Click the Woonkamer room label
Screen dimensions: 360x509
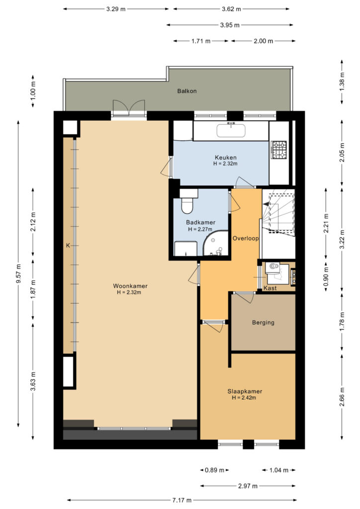click(x=130, y=286)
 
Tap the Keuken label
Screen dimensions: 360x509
click(x=226, y=158)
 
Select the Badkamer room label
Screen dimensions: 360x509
click(x=200, y=222)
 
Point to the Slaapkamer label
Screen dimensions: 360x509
click(x=245, y=392)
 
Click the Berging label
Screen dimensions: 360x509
click(x=263, y=322)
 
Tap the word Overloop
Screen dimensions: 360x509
click(x=246, y=238)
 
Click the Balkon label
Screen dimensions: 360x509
click(x=187, y=91)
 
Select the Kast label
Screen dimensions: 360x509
click(x=270, y=288)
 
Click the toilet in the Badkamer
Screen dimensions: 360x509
click(x=187, y=202)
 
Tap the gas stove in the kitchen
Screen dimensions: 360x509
click(x=279, y=150)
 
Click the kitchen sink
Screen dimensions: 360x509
click(x=231, y=130)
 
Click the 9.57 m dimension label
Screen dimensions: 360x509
click(x=18, y=273)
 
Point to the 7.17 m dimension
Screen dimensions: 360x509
click(x=182, y=500)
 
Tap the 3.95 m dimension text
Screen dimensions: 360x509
click(x=230, y=25)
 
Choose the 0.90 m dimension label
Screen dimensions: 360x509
click(x=326, y=274)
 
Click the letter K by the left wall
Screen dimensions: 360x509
click(x=68, y=246)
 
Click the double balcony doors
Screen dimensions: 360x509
click(x=129, y=107)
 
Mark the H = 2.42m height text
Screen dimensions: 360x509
click(x=244, y=398)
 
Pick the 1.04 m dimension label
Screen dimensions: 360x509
click(x=279, y=470)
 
